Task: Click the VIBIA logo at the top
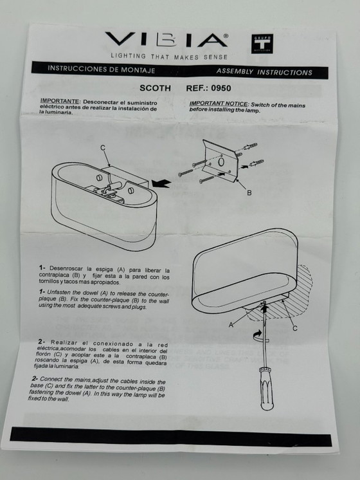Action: [x=166, y=40]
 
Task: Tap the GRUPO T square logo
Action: [x=262, y=43]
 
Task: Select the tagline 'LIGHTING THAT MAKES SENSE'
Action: [x=169, y=57]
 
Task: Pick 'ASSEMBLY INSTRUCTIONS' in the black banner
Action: [x=264, y=72]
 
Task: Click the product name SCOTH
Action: [x=156, y=88]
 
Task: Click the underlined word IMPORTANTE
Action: [x=60, y=101]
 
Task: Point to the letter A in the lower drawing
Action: [x=231, y=325]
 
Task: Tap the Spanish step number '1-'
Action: [x=42, y=268]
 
